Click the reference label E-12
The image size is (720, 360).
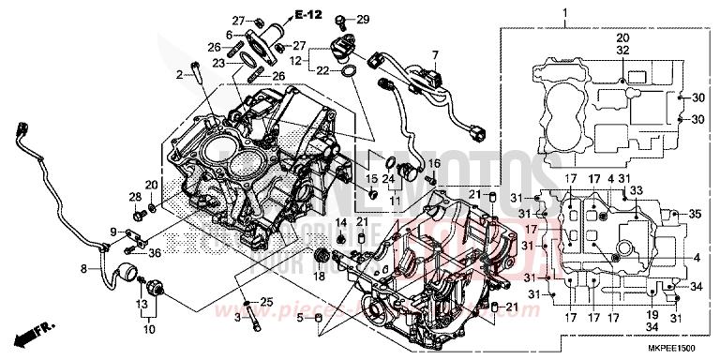[x=307, y=15]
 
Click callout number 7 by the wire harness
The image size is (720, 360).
[x=434, y=54]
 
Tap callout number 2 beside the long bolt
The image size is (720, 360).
[x=178, y=73]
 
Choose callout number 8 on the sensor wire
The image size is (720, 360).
[x=84, y=269]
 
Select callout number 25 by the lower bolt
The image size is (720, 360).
[x=266, y=301]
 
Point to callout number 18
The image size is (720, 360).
[x=319, y=277]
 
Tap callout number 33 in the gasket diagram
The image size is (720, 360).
[x=637, y=190]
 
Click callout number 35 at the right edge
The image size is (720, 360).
[x=695, y=215]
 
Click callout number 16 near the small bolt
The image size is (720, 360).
[x=433, y=163]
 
